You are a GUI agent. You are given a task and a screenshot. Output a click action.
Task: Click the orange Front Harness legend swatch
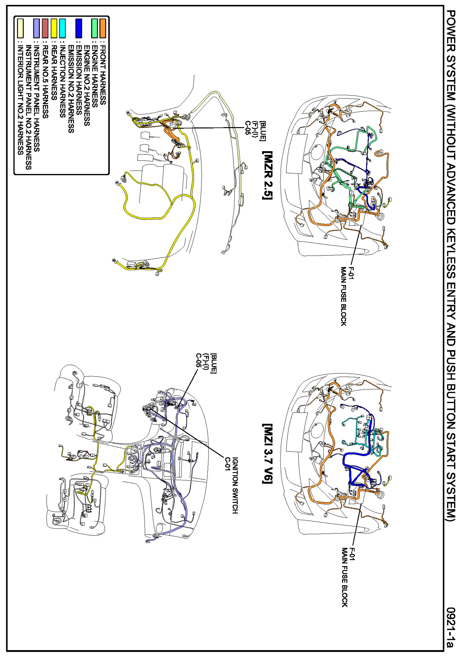(x=103, y=28)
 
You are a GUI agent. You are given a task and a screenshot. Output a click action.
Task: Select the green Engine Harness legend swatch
(x=94, y=28)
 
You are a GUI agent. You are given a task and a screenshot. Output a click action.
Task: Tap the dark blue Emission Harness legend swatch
(x=78, y=28)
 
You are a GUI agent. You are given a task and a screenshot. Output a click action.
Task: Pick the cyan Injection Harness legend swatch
(x=62, y=28)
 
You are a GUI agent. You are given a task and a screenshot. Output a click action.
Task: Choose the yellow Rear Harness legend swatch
(x=54, y=28)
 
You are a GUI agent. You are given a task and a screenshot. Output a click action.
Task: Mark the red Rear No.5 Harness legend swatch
(x=45, y=28)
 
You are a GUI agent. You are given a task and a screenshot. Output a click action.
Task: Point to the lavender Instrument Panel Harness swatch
(x=37, y=28)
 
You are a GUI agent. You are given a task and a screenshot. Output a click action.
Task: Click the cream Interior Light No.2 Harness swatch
(x=20, y=28)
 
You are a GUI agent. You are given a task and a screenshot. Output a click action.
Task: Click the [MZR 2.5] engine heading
(x=267, y=176)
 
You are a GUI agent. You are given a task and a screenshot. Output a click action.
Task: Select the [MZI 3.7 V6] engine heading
(x=267, y=453)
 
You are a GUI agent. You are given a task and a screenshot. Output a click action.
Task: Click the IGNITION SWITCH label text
(x=235, y=485)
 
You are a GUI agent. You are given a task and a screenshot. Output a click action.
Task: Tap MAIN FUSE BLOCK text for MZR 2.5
(x=343, y=296)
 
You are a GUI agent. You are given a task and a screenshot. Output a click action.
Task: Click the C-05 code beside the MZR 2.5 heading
(x=248, y=128)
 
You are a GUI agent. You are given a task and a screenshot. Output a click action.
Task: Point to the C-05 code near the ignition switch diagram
(x=198, y=360)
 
